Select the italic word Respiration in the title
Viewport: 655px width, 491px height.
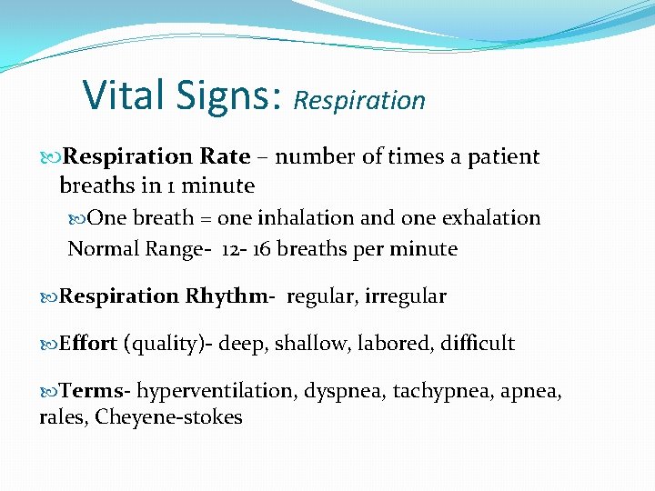coord(359,100)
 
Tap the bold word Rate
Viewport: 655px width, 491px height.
coord(227,156)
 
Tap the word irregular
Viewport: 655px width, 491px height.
coord(407,296)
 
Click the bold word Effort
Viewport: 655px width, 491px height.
coord(88,344)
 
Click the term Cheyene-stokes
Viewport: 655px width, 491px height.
coord(168,417)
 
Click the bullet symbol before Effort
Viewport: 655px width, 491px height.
coord(49,344)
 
